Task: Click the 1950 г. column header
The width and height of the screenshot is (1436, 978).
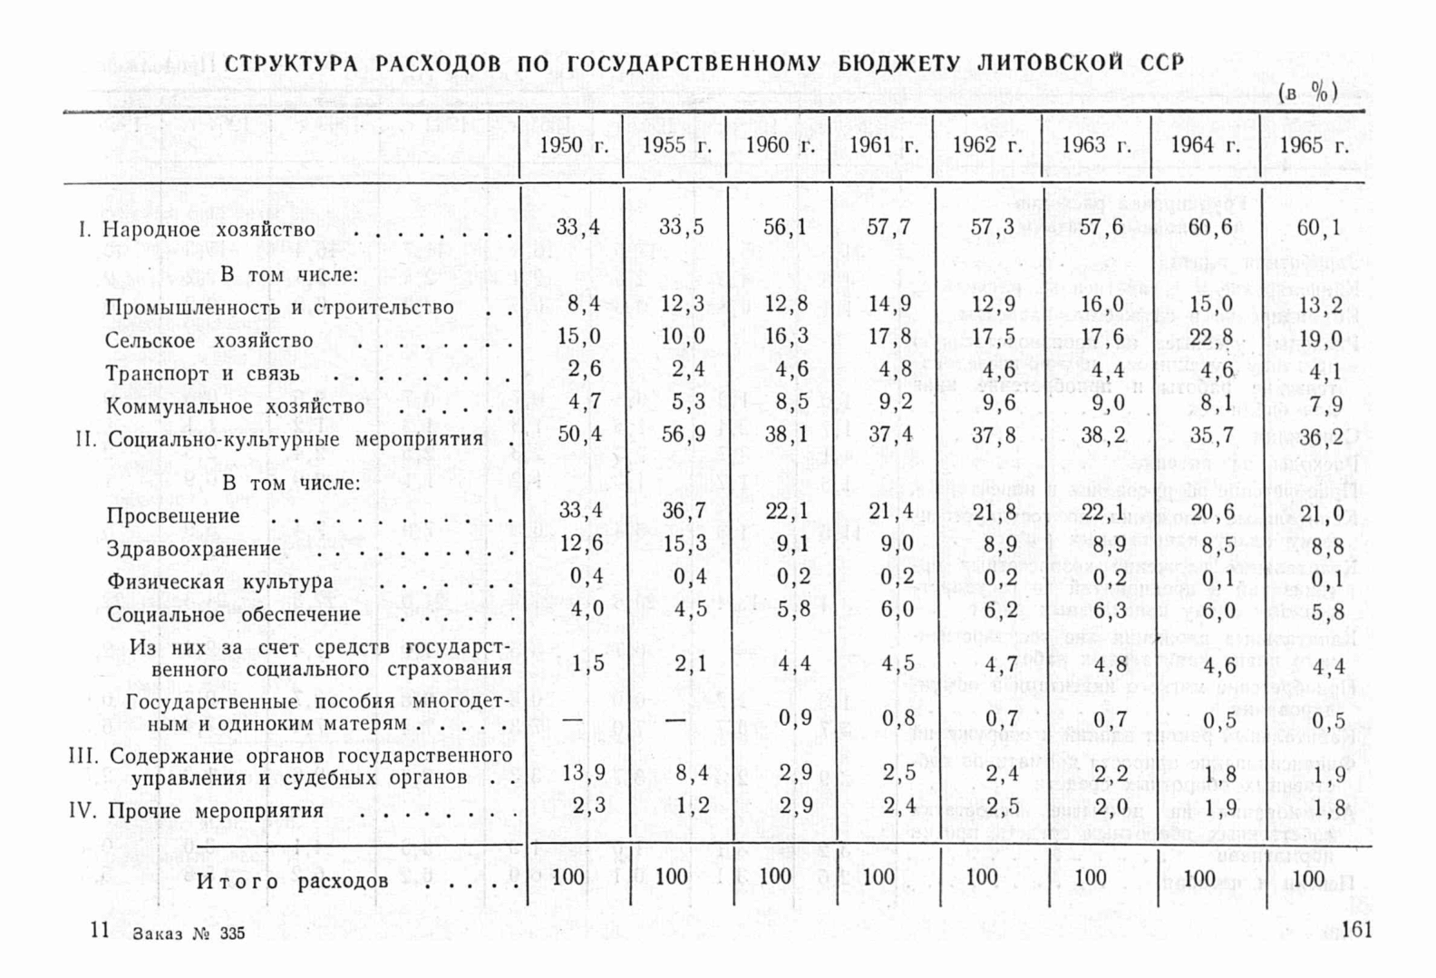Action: [573, 146]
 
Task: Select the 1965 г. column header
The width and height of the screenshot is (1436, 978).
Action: [1314, 146]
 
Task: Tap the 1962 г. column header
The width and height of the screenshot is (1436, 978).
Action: [986, 146]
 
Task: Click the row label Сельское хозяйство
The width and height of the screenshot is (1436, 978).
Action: [209, 341]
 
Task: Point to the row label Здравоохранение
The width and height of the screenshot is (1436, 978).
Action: [194, 549]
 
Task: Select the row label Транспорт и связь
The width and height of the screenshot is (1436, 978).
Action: [202, 374]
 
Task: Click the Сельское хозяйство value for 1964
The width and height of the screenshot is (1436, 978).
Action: [1212, 337]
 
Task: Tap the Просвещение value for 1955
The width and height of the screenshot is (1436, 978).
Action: [682, 511]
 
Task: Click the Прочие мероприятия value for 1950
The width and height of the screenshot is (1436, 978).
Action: [588, 806]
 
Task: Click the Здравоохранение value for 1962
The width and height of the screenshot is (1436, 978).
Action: [994, 544]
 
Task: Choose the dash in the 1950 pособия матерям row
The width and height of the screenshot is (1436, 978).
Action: [573, 719]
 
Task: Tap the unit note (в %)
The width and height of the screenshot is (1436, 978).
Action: [1308, 93]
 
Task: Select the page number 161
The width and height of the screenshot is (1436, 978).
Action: [1355, 929]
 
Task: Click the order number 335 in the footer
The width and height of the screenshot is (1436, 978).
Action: [232, 934]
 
